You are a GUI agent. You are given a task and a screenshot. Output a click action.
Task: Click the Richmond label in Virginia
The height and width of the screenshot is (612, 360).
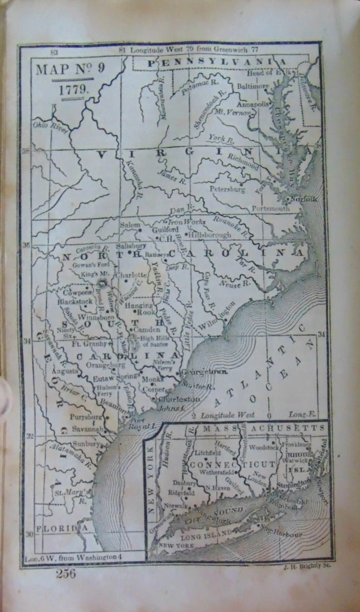click(x=243, y=161)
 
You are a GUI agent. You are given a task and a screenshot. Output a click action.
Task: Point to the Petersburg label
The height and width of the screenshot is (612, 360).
click(x=226, y=189)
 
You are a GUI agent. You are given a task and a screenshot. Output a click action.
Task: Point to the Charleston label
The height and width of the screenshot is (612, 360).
click(x=179, y=399)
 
